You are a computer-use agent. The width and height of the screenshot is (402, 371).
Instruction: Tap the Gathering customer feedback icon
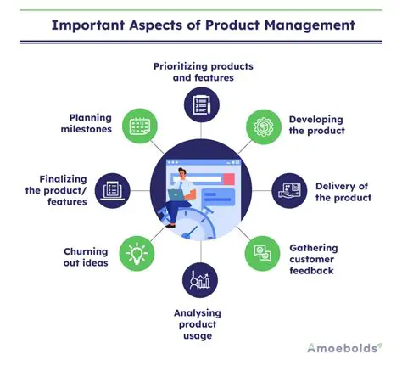tap(262, 253)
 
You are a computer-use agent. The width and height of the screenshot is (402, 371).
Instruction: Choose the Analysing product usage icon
tap(201, 280)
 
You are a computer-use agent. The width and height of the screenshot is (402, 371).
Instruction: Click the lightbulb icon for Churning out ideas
tap(138, 253)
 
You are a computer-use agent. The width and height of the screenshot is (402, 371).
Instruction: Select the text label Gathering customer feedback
tap(324, 255)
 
